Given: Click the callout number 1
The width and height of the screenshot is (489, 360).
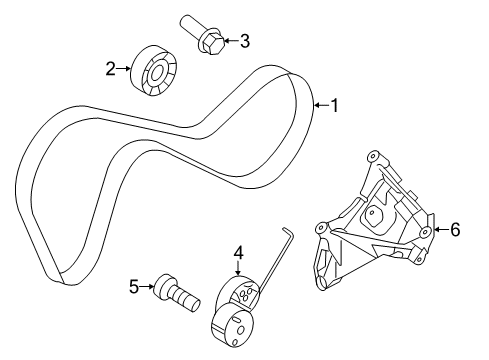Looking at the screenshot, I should point(336,104).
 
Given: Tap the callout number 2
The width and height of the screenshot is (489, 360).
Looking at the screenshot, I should point(112,68).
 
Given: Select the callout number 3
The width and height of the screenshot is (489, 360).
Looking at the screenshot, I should point(243,41).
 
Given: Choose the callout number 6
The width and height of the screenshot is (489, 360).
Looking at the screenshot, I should point(455,230).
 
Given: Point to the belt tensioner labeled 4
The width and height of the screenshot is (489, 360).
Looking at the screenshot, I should point(240,305).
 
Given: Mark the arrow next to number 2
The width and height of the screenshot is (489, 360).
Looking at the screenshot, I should point(126,68).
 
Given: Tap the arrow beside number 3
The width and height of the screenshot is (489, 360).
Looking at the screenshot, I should point(227,41).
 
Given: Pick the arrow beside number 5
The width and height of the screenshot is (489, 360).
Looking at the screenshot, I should point(148,288).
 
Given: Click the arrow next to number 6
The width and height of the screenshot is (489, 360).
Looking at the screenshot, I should point(440,230).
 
